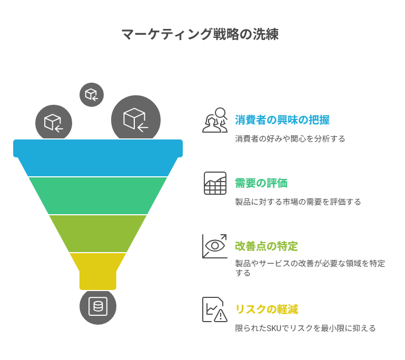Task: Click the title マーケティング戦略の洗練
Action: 200,34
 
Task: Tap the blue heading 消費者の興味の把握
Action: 282,120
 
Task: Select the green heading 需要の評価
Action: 261,183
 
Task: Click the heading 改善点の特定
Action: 266,246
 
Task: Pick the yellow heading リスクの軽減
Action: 266,309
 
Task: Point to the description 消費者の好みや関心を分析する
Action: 290,139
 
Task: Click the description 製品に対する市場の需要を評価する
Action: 298,202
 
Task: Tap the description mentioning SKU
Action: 305,328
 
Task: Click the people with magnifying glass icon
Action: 215,120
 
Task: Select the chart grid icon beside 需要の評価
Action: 215,183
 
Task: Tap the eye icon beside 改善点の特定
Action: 215,246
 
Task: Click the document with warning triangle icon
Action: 215,309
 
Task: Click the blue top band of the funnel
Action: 98,157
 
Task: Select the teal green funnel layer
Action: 98,196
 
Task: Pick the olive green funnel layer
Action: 98,234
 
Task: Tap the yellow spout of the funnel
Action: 98,271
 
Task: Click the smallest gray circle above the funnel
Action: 92,94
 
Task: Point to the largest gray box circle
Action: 136,118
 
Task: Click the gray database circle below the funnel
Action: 98,307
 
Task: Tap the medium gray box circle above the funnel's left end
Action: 54,122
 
